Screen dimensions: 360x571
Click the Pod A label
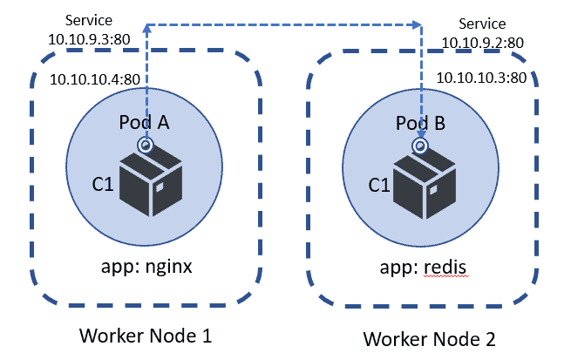point(144,123)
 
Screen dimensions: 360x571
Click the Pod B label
point(421,124)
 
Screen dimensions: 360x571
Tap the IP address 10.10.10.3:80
point(479,78)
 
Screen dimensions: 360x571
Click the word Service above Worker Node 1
point(87,20)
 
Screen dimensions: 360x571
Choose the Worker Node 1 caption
point(146,336)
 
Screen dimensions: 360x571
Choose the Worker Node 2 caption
point(428,337)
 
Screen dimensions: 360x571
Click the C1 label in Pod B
point(380,184)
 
